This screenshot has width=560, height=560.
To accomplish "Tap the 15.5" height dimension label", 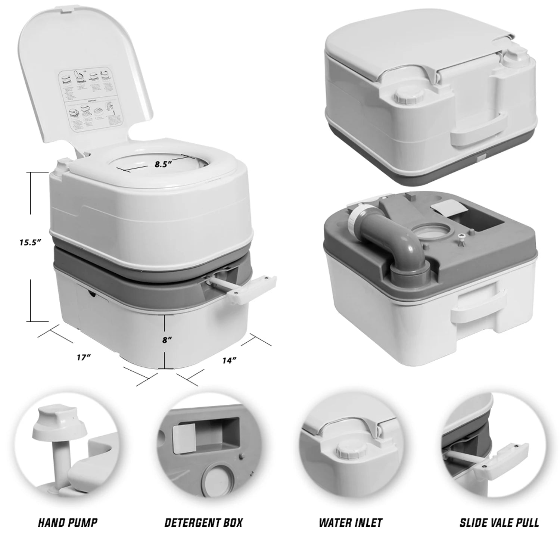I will tap(30, 242).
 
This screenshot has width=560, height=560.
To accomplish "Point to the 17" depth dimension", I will tap(84, 357).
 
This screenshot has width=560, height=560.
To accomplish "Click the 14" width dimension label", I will tap(229, 361).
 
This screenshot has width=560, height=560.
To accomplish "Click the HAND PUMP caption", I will tap(68, 522).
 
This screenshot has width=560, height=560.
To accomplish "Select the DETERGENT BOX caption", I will tap(203, 522).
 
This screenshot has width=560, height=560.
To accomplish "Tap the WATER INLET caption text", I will tap(351, 522).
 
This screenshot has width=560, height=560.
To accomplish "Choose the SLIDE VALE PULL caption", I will tap(499, 522).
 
